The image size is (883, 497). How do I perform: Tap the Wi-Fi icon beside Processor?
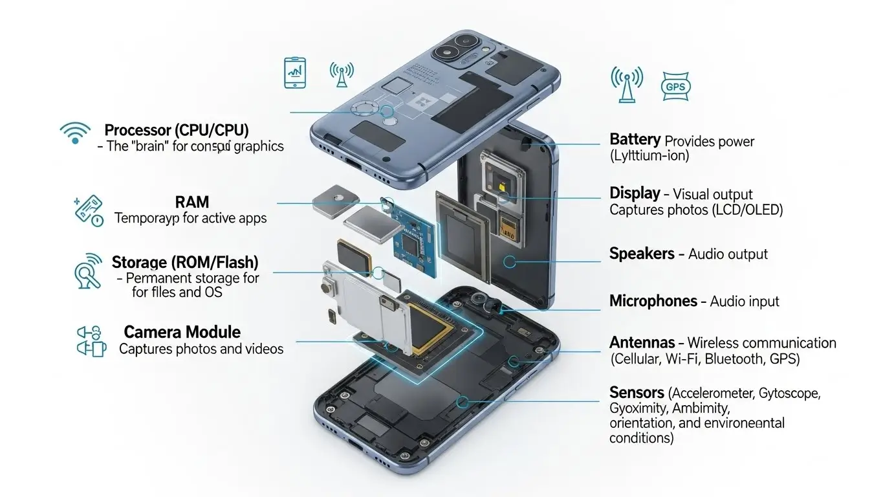pyautogui.click(x=75, y=133)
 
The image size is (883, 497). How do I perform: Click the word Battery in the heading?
pyautogui.click(x=635, y=140)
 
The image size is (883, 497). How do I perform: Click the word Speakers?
pyautogui.click(x=642, y=254)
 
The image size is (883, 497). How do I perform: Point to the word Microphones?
pyautogui.click(x=653, y=301)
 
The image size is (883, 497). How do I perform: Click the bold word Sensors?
pyautogui.click(x=637, y=392)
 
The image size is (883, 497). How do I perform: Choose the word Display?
pyautogui.click(x=635, y=193)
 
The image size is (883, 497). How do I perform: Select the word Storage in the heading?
pyautogui.click(x=139, y=262)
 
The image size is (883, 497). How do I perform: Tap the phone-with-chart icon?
pyautogui.click(x=295, y=72)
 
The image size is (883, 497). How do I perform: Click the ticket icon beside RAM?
pyautogui.click(x=89, y=211)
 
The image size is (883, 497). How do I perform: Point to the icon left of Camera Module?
pyautogui.click(x=91, y=340)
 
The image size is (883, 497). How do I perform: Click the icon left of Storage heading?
pyautogui.click(x=88, y=271)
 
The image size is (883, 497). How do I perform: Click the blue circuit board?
pyautogui.click(x=413, y=236)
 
